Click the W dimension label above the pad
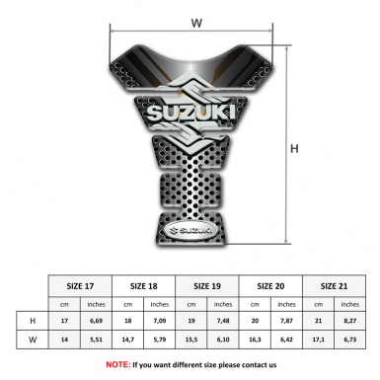pos(197,20)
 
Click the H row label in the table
pos(33,321)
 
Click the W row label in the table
pos(33,341)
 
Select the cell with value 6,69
pos(96,321)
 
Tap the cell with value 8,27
pos(350,321)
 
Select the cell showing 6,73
pos(350,341)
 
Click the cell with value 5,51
pos(96,341)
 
